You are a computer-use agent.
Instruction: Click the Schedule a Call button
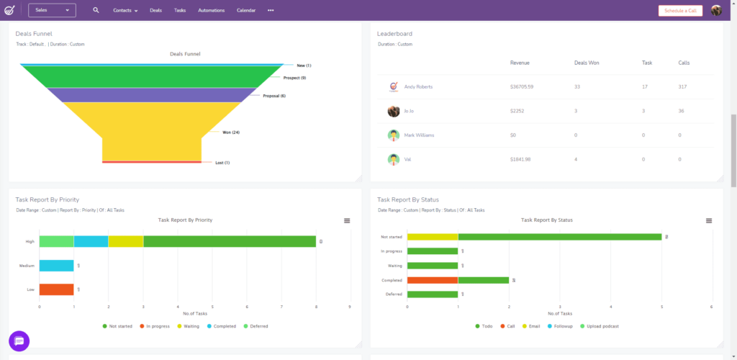pos(679,11)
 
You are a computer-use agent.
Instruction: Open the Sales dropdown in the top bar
pos(53,10)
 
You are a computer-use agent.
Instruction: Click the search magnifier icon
pos(96,10)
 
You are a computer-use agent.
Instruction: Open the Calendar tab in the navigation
pos(246,11)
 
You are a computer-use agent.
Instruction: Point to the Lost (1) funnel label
pos(222,163)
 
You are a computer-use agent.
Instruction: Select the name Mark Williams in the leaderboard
pos(419,135)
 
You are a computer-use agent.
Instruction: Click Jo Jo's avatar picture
pos(394,111)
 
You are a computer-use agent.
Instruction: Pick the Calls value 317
pos(683,87)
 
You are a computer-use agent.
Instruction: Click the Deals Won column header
pos(587,63)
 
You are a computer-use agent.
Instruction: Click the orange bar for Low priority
pos(56,289)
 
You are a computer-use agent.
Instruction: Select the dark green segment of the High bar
pos(229,241)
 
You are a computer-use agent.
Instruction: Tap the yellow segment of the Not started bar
pos(432,236)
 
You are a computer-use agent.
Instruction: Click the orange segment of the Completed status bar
pos(432,280)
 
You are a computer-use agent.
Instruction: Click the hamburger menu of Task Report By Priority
pos(347,220)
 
